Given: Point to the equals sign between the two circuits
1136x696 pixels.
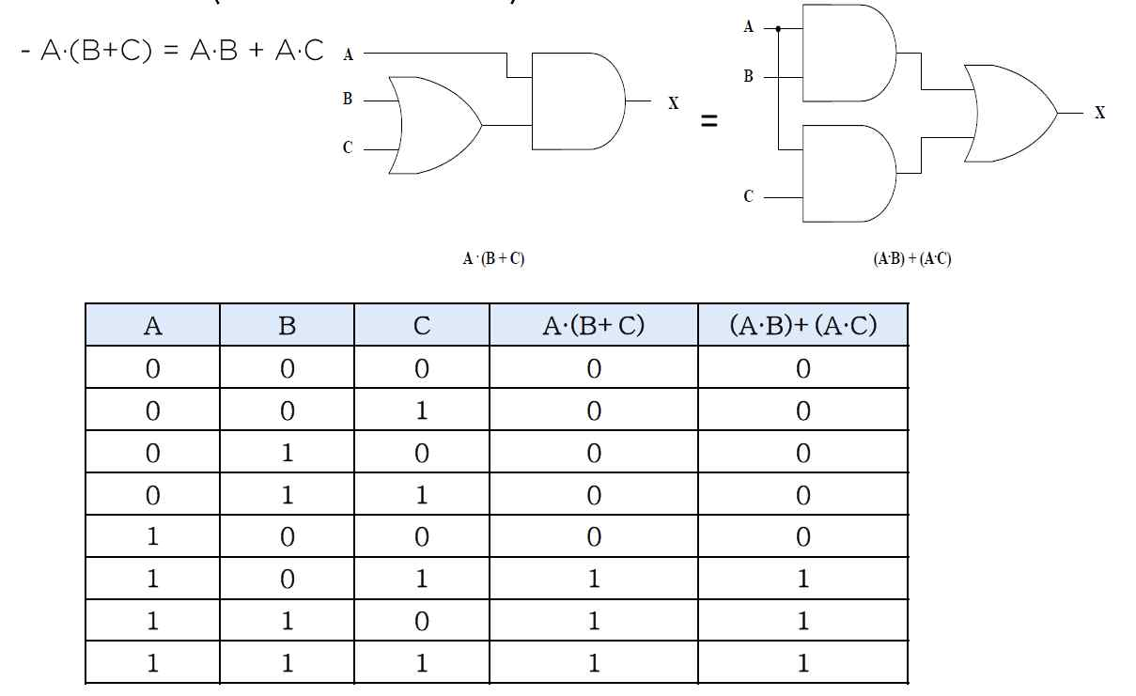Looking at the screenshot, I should (709, 121).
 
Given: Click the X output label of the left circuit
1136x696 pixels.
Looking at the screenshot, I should (673, 102).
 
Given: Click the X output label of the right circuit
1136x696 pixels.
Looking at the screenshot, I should (1099, 114).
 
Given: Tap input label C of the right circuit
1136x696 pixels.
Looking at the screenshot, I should (748, 197).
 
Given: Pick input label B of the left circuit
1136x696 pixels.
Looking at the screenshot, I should (348, 98).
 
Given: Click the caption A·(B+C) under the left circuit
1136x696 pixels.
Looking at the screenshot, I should (493, 258).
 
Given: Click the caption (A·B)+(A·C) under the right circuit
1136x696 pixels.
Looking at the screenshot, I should (911, 259).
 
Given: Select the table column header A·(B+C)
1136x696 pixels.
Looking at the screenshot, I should (593, 326).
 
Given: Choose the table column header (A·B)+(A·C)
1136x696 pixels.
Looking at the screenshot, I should (802, 326).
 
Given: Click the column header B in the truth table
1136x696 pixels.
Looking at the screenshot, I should (288, 326).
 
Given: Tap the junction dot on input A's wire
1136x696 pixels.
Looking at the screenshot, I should (779, 28).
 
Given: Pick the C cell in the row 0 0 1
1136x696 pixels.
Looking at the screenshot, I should (422, 411).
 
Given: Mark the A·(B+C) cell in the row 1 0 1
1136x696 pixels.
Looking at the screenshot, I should (593, 580).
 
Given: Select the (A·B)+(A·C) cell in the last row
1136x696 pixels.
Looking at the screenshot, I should (802, 664).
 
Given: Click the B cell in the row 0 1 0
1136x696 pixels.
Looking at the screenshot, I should (288, 454).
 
